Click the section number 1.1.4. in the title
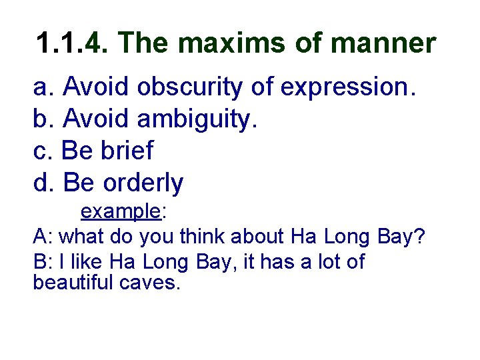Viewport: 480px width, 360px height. point(75,44)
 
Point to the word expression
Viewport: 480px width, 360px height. point(348,88)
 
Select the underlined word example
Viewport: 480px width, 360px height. point(121,212)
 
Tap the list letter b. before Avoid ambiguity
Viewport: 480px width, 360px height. point(44,120)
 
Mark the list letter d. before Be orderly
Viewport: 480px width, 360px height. point(44,183)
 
